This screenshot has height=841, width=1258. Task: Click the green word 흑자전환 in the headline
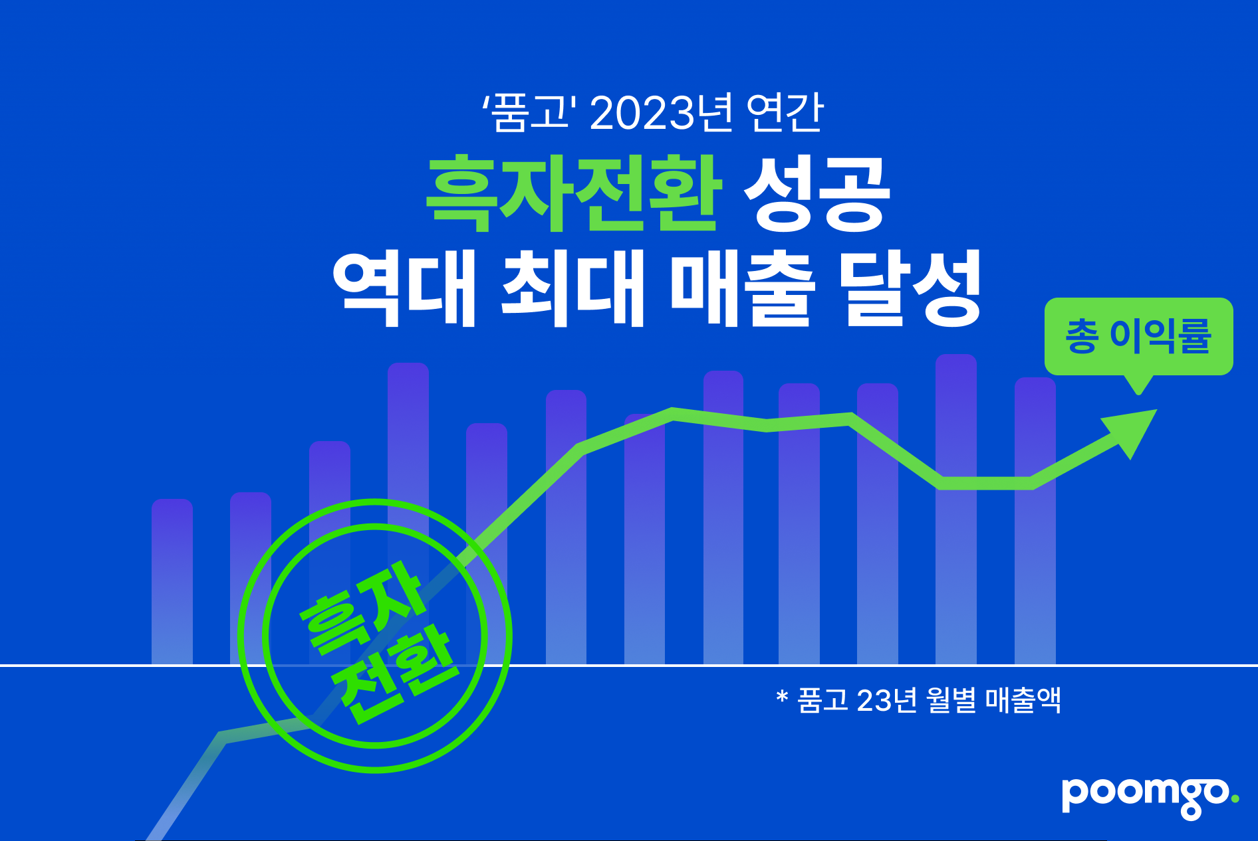574,193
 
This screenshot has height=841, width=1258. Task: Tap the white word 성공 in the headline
817,193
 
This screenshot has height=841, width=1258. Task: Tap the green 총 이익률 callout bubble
1138,337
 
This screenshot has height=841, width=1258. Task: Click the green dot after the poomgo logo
1235,799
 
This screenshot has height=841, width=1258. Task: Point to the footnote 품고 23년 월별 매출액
929,700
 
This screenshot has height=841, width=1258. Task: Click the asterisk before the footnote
782,696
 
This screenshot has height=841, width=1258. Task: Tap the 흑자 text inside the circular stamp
362,607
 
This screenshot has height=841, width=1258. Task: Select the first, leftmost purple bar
172,581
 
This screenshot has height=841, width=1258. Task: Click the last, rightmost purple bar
1035,521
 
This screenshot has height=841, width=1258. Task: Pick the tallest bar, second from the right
956,509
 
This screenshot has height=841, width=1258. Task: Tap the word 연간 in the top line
785,112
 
